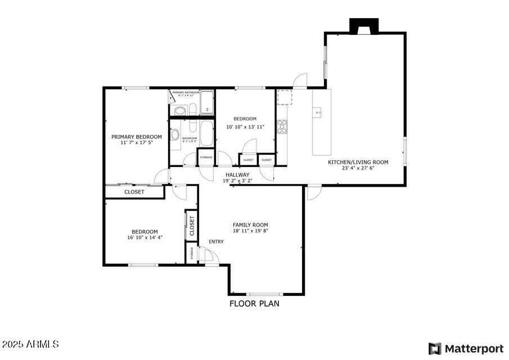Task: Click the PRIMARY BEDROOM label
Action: coord(136,137)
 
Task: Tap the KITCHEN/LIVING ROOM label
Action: coord(358,162)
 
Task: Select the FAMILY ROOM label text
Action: coord(250,225)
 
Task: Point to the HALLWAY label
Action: coord(237,175)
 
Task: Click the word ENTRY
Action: coord(216,242)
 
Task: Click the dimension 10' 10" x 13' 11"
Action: coord(245,127)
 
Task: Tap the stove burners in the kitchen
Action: coord(282,127)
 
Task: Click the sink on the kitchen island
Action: coord(319,112)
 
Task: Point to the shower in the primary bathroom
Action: coord(207,103)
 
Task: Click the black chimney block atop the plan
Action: coord(364,26)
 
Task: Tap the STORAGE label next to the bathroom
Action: coord(206,157)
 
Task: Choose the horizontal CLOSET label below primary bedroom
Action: coord(134,192)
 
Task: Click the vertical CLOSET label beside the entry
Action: coord(192,226)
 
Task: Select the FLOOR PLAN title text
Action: coord(254,304)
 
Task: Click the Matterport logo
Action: coord(466,348)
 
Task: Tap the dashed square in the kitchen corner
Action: coord(285,97)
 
